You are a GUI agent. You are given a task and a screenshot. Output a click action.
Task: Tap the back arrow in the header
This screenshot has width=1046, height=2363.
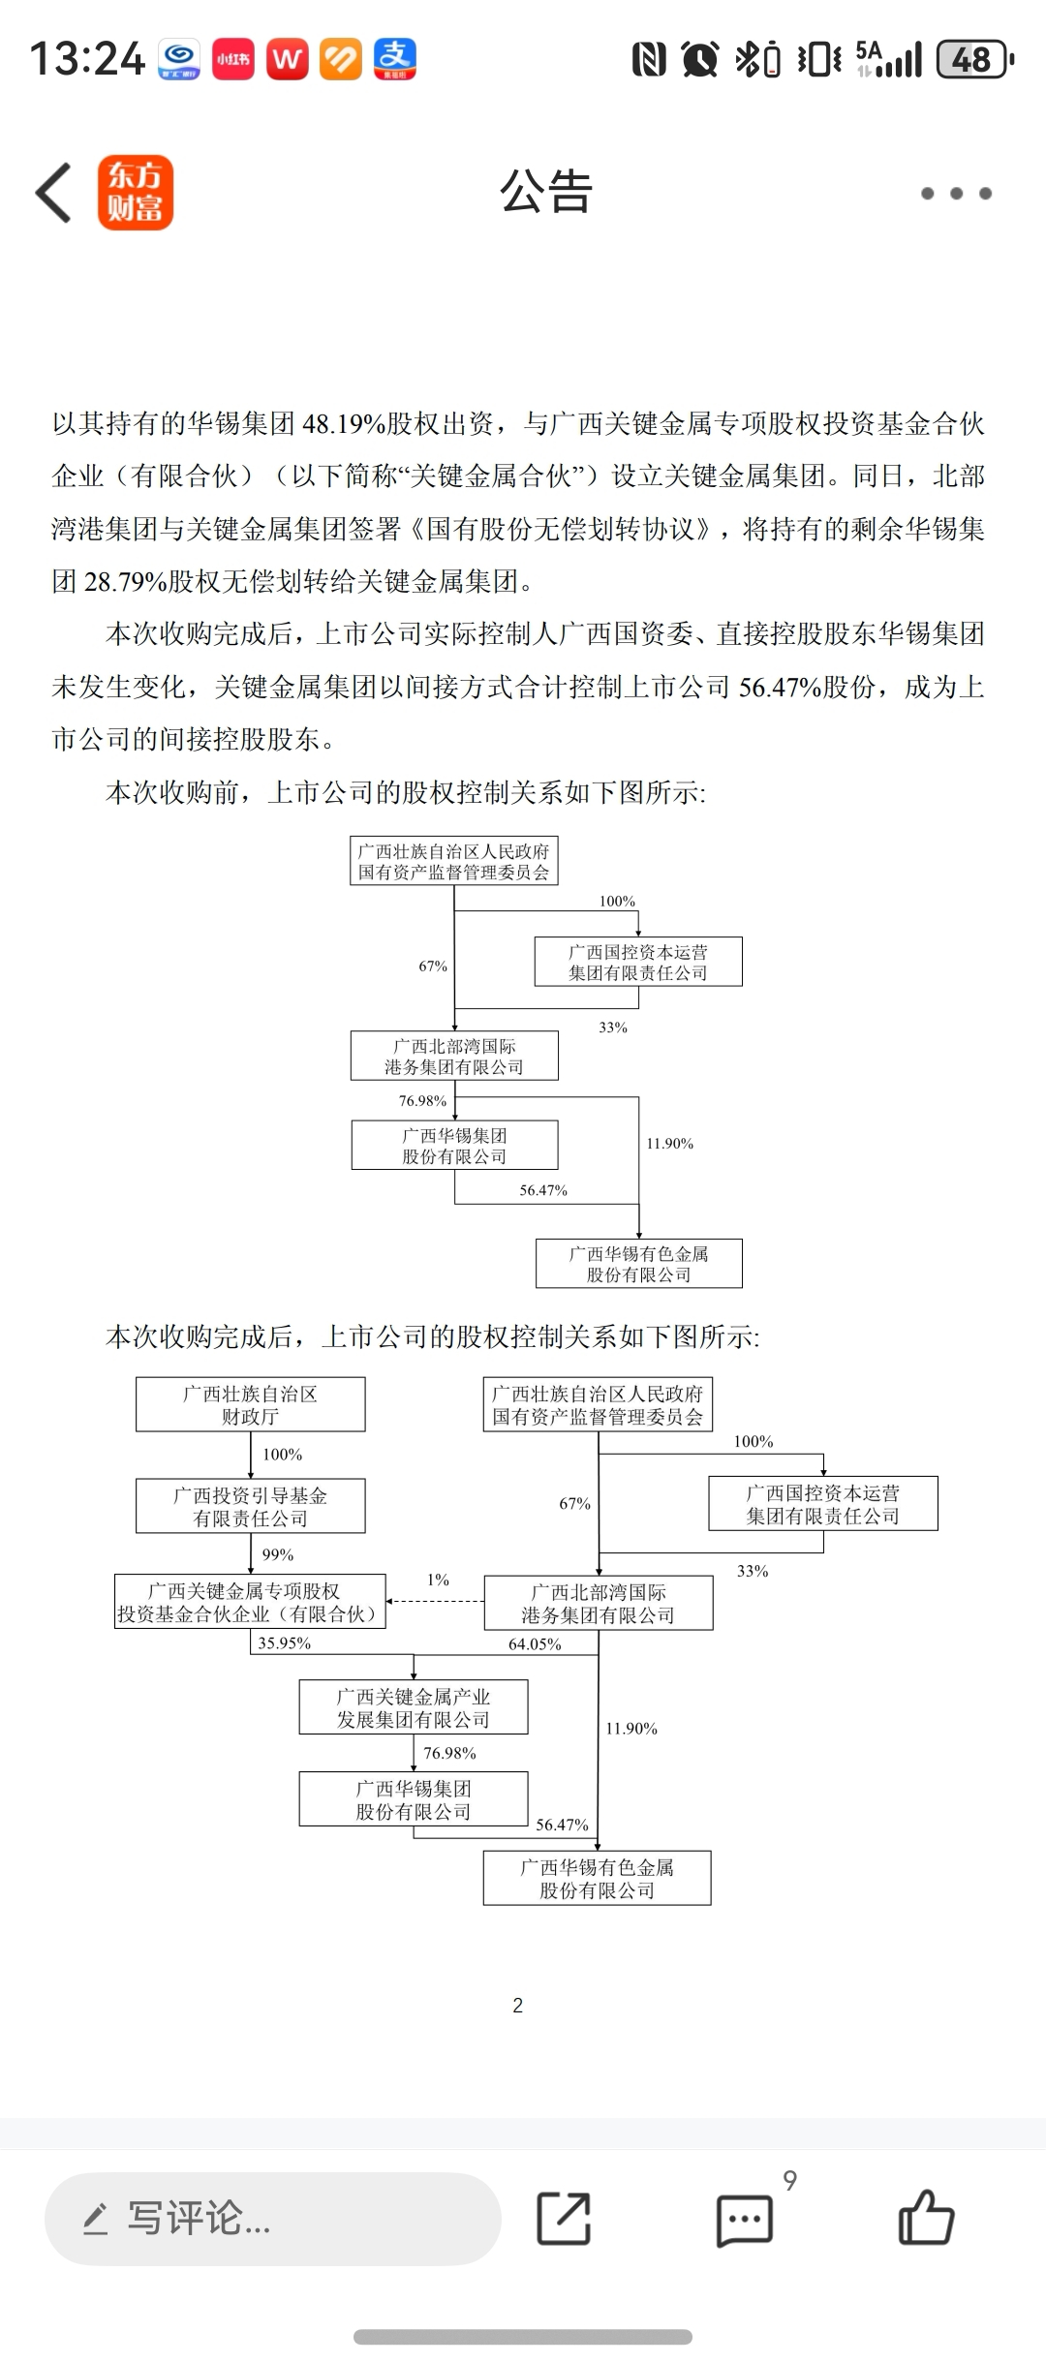54,193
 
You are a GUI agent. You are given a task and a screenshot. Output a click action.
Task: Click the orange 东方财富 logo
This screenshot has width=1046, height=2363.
136,193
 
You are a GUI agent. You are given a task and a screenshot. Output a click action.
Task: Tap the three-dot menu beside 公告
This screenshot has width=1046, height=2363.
956,194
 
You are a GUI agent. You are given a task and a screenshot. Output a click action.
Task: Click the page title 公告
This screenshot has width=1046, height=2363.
545,192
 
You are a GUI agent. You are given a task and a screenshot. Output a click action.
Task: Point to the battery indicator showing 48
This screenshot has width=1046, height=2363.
973,60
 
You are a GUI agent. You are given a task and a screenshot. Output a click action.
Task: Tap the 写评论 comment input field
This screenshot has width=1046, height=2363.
272,2218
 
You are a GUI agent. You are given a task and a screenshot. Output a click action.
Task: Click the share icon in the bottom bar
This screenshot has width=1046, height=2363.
564,2218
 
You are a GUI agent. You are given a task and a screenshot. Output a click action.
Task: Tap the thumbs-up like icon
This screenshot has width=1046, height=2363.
926,2218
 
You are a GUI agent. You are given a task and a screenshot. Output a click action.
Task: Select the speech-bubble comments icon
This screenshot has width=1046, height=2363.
745,2220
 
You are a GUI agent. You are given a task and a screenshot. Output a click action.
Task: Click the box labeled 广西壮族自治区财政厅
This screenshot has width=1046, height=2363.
250,1404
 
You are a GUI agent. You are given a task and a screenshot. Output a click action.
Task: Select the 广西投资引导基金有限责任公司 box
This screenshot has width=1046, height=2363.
250,1506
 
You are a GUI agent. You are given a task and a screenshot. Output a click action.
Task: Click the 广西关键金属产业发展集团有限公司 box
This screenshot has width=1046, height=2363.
414,1707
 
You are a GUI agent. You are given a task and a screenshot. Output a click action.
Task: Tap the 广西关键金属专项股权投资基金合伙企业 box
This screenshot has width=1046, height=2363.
250,1602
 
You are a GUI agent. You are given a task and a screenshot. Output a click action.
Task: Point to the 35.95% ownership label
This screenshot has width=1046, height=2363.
284,1643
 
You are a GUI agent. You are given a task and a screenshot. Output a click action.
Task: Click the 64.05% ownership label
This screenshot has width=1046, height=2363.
535,1644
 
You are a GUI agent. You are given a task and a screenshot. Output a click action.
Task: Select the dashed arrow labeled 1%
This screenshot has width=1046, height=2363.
436,1600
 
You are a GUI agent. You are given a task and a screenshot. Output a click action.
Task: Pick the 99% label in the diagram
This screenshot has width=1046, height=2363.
278,1554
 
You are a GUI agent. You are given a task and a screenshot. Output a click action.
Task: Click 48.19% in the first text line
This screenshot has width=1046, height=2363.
344,424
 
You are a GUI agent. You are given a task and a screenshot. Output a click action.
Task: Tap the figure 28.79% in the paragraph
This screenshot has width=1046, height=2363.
126,582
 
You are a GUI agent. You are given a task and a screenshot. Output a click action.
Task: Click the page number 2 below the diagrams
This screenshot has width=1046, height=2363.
518,2005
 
